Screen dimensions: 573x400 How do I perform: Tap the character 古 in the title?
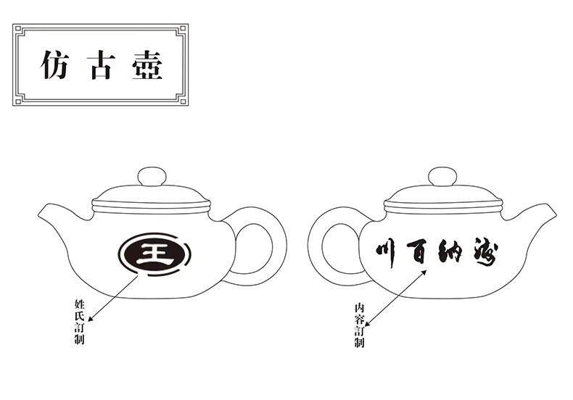(99, 64)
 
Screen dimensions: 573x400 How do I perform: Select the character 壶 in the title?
(147, 64)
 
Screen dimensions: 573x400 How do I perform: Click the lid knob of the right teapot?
(441, 176)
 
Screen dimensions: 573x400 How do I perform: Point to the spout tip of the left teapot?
(39, 210)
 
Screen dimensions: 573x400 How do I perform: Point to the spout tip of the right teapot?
(553, 211)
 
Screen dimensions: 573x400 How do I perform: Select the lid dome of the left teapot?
(152, 194)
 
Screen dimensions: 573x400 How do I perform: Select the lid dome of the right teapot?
(441, 194)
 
